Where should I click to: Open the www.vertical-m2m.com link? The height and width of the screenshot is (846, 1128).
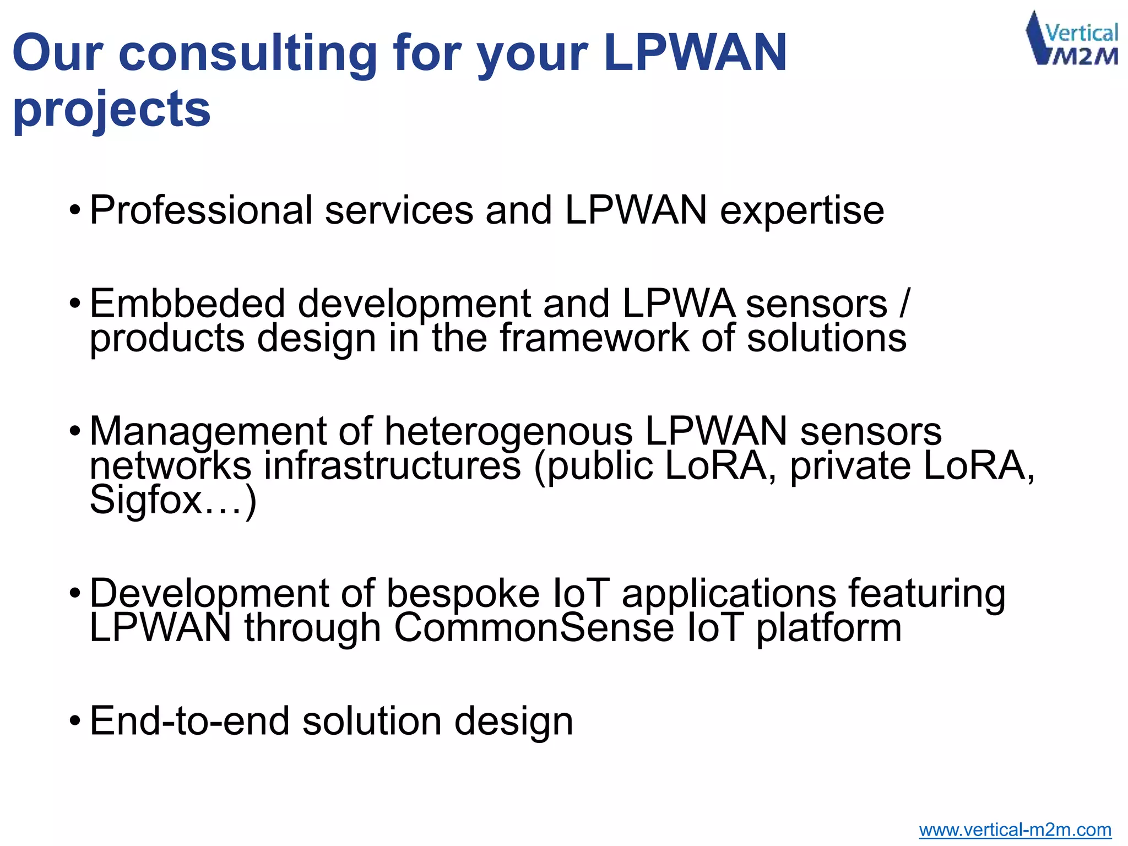(x=1015, y=829)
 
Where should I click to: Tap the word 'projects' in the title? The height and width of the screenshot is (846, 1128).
(x=112, y=109)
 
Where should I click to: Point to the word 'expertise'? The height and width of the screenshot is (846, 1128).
(x=801, y=211)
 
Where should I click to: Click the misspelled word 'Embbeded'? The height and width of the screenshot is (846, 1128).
(x=187, y=303)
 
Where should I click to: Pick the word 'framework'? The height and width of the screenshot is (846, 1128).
(x=594, y=338)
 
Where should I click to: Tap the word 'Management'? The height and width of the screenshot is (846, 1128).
(x=208, y=431)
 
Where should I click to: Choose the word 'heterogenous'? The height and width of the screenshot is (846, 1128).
(x=508, y=431)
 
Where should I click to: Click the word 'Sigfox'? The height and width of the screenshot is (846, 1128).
(x=147, y=501)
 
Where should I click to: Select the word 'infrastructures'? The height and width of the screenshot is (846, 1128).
(x=392, y=466)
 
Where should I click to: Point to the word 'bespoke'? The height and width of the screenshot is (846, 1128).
(x=463, y=593)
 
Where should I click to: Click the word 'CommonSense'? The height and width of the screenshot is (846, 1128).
(x=534, y=628)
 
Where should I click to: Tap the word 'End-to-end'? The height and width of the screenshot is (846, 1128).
(x=189, y=721)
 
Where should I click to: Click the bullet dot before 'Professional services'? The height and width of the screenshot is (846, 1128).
(x=75, y=211)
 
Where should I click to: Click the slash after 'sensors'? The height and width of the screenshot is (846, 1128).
(x=904, y=303)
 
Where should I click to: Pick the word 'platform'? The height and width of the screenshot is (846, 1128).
(x=828, y=628)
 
